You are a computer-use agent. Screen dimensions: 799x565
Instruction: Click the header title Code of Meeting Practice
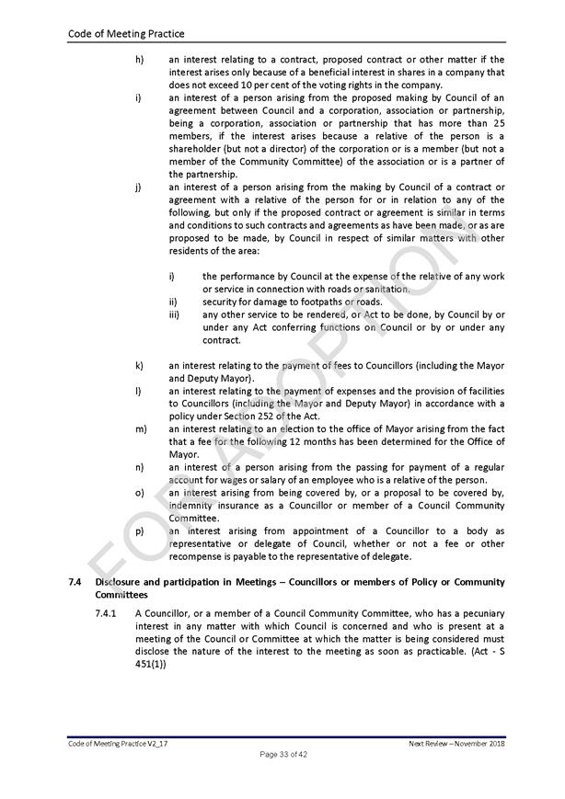click(126, 34)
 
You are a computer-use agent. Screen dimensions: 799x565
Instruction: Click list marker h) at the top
click(139, 60)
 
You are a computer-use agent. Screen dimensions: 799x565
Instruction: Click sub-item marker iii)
click(173, 314)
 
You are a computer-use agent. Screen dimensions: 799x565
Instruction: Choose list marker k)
click(139, 365)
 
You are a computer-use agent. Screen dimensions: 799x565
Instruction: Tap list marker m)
click(140, 428)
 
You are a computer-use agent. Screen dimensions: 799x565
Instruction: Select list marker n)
click(139, 467)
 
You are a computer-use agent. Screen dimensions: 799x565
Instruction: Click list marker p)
click(139, 531)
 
